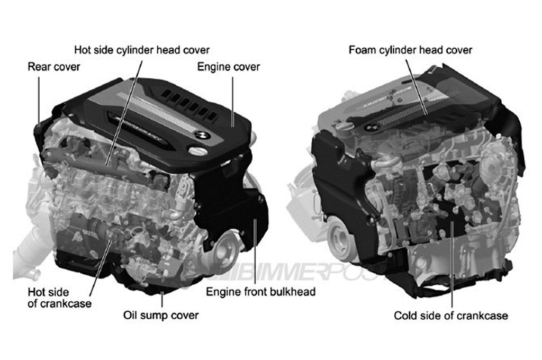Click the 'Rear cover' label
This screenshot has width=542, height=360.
tap(53, 67)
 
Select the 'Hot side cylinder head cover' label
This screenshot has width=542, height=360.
tap(142, 50)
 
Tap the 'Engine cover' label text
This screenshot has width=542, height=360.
tap(229, 67)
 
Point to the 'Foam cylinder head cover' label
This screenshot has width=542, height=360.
tap(410, 50)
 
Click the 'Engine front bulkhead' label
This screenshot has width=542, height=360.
tap(260, 292)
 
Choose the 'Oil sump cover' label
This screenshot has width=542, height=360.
tap(161, 316)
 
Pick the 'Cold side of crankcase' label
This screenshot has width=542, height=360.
tap(451, 316)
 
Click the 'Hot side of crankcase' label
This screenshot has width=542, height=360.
tap(59, 298)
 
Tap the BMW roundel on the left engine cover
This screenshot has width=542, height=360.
tap(203, 135)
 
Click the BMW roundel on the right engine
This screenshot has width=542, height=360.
tap(372, 127)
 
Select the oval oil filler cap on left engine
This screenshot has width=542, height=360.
tap(198, 151)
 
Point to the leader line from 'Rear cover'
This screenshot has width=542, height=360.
tap(39, 101)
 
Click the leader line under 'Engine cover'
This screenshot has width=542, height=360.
tap(233, 102)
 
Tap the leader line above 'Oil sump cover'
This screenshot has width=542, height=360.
tap(162, 299)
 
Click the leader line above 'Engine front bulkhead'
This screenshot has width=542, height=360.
tap(255, 251)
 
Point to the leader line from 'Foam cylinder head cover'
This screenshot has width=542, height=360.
tap(417, 87)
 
